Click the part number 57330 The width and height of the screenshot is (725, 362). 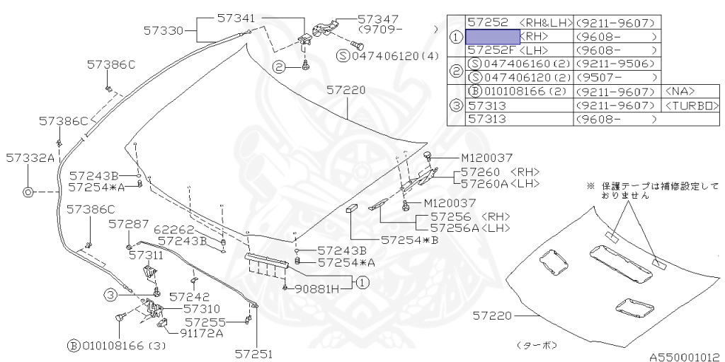(x=164, y=31)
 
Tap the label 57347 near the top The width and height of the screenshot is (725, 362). (x=379, y=19)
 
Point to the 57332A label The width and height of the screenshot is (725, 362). (x=29, y=157)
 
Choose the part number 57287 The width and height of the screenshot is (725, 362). (x=129, y=223)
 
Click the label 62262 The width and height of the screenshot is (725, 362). (x=174, y=229)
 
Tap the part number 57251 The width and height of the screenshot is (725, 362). (x=253, y=354)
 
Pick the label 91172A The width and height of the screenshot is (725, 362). (x=202, y=333)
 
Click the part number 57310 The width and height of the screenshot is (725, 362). (x=202, y=309)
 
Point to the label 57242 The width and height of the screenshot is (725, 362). (x=190, y=296)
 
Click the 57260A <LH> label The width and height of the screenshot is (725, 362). (x=501, y=184)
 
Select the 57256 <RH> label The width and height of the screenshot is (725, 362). (x=470, y=216)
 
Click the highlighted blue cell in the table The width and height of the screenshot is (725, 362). (x=492, y=36)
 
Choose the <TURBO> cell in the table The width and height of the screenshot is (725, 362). (x=692, y=105)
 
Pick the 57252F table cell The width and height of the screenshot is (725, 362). (x=492, y=49)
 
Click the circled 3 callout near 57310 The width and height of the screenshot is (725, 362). (x=111, y=294)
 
